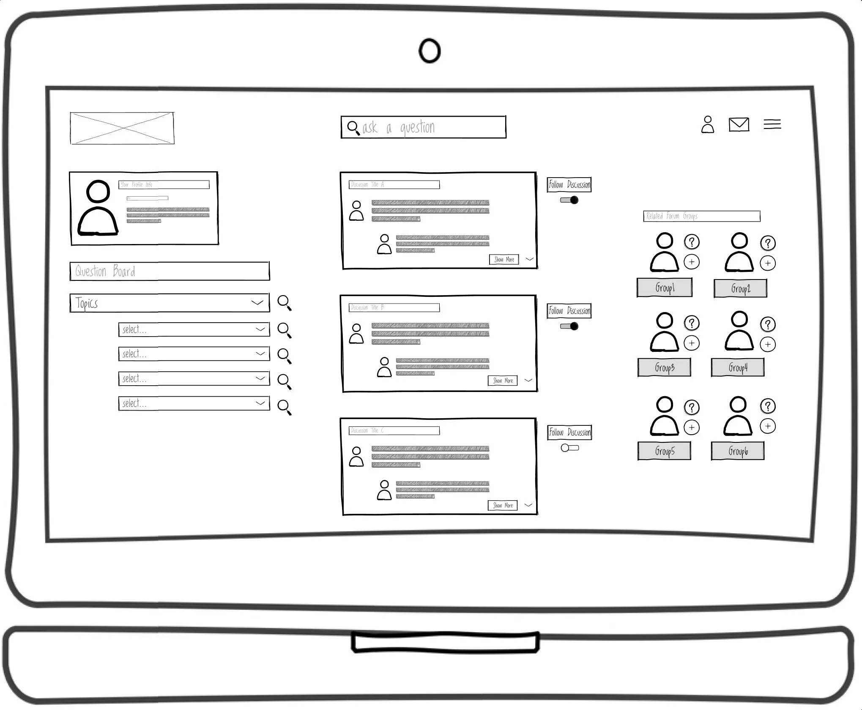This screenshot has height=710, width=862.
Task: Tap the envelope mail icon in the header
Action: click(739, 125)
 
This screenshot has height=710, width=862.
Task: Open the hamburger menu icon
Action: click(772, 124)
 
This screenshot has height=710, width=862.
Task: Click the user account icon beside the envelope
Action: click(708, 125)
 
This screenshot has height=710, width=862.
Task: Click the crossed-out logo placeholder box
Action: click(122, 128)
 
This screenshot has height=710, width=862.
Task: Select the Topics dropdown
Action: click(170, 303)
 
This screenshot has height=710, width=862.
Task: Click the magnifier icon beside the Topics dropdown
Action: click(284, 303)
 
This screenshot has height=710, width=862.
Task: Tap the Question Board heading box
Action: click(170, 271)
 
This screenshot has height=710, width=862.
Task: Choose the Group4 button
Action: click(738, 367)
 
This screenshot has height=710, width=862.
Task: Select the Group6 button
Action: click(738, 451)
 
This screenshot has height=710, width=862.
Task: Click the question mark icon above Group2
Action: click(768, 243)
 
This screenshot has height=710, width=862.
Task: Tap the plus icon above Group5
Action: click(692, 427)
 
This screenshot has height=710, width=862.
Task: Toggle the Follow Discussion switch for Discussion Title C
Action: click(569, 448)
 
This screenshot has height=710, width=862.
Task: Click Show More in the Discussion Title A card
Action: click(504, 259)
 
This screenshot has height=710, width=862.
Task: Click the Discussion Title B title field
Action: click(394, 307)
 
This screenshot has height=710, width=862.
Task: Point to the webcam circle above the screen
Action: click(430, 51)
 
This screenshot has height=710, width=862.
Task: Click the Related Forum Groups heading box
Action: click(702, 216)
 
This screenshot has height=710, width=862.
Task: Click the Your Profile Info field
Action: click(164, 184)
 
